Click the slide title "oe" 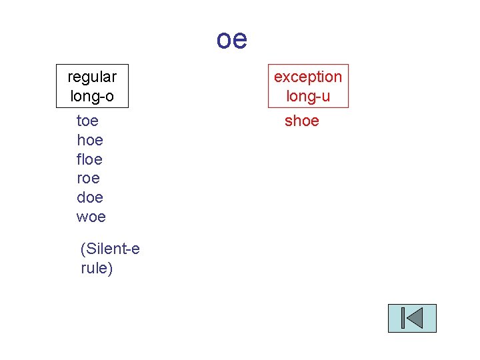pyautogui.click(x=231, y=39)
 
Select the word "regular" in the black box pyautogui.click(x=92, y=77)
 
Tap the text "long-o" pyautogui.click(x=92, y=96)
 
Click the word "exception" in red pyautogui.click(x=308, y=77)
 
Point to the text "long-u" pyautogui.click(x=308, y=96)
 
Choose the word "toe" pyautogui.click(x=88, y=121)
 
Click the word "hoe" pyautogui.click(x=90, y=140)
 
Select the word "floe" pyautogui.click(x=90, y=159)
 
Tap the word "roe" pyautogui.click(x=88, y=178)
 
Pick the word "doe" pyautogui.click(x=90, y=197)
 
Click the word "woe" pyautogui.click(x=91, y=217)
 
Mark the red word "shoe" pyautogui.click(x=302, y=121)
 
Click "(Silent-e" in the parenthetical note pyautogui.click(x=110, y=249)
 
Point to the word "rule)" pyautogui.click(x=97, y=268)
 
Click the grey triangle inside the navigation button pyautogui.click(x=415, y=318)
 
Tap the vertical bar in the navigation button pyautogui.click(x=404, y=318)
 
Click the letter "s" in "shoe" pyautogui.click(x=288, y=121)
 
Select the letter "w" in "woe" pyautogui.click(x=82, y=217)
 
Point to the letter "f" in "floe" pyautogui.click(x=79, y=159)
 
